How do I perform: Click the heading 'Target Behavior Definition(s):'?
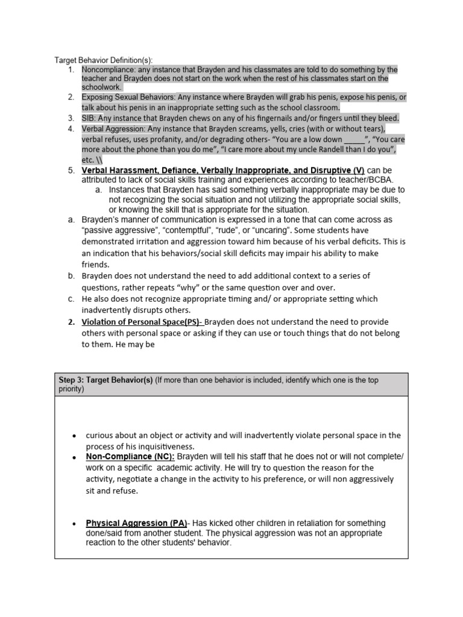[104, 60]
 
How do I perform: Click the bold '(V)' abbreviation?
[356, 171]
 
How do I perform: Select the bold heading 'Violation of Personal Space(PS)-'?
[143, 322]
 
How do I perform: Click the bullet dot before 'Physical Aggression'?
[74, 524]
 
